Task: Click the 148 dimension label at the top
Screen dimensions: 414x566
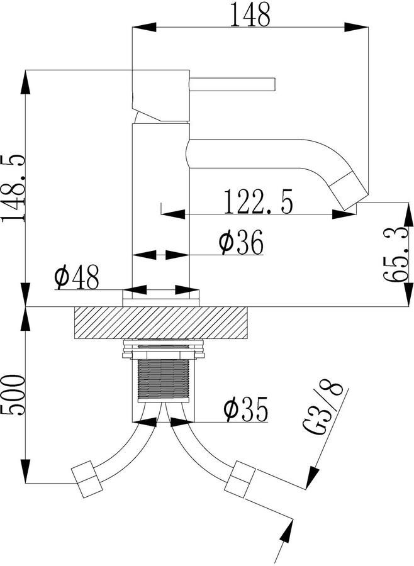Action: coord(250,14)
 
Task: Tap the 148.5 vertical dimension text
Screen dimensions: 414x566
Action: coord(13,188)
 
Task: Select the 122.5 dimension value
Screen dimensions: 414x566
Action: coord(259,201)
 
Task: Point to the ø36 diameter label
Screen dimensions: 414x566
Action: coord(242,242)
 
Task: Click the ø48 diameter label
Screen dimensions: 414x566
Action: coord(77,277)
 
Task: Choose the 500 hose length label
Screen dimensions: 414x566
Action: coord(13,395)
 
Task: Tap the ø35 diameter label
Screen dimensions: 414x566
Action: coord(245,409)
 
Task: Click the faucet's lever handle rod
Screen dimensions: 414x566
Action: coord(233,84)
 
